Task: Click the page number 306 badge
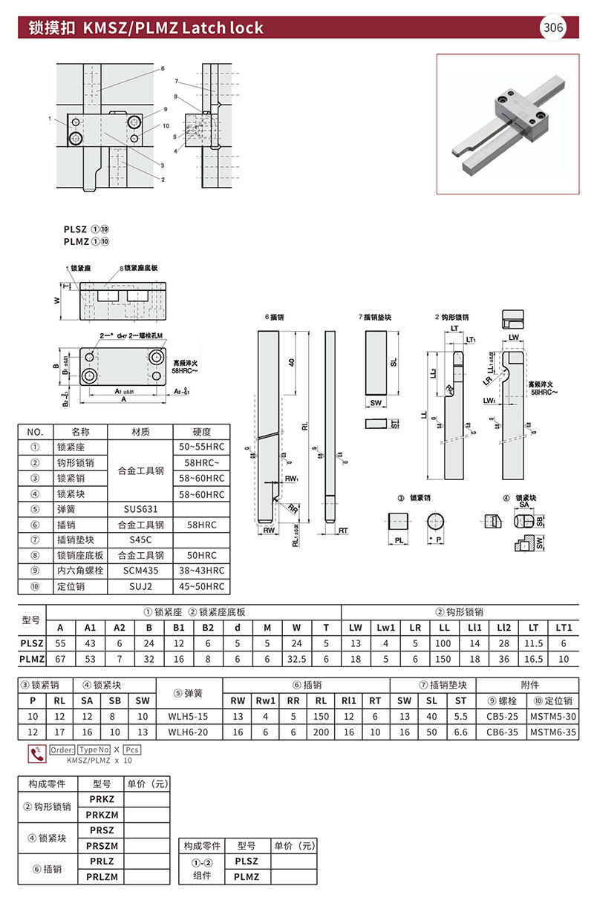click(x=553, y=28)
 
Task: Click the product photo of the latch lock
click(x=508, y=124)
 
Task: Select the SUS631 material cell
click(x=140, y=510)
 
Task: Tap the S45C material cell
click(x=140, y=540)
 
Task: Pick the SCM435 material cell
click(x=140, y=571)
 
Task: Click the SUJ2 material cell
click(x=140, y=587)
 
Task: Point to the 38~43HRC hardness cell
click(x=201, y=571)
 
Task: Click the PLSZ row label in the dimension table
click(x=31, y=643)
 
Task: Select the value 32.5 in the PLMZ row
click(x=297, y=658)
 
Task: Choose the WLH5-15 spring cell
click(x=189, y=716)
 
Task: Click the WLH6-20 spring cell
click(x=189, y=732)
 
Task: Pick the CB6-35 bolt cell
click(x=502, y=732)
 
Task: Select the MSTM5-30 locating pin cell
click(x=553, y=716)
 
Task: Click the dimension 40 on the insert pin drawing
click(x=292, y=361)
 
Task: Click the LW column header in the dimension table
click(x=356, y=628)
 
